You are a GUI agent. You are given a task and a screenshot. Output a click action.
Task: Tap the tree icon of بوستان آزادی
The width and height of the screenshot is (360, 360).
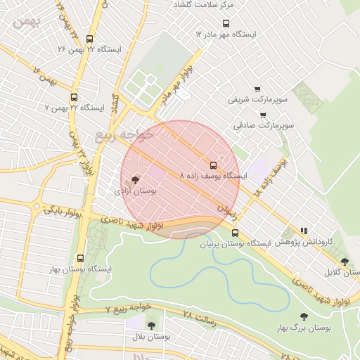point(135,180)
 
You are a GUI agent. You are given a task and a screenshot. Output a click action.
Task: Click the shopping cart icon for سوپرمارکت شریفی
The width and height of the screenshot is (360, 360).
point(257,89)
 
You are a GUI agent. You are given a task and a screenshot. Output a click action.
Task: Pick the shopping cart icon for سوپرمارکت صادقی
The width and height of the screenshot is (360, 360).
point(263,115)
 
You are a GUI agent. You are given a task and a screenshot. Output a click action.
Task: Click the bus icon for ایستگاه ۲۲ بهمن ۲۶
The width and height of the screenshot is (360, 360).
point(90,39)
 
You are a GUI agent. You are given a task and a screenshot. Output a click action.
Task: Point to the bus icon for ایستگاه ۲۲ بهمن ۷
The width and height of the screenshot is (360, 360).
point(75,98)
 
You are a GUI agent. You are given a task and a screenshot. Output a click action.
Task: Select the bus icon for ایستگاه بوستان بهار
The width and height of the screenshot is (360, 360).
point(80,259)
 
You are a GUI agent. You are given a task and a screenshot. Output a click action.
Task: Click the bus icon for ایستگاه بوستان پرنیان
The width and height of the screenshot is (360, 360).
point(235,233)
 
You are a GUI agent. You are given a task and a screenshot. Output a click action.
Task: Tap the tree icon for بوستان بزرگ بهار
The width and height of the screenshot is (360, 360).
point(304,317)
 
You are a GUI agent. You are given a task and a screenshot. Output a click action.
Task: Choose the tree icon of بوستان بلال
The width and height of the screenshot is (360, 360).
point(151,325)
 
